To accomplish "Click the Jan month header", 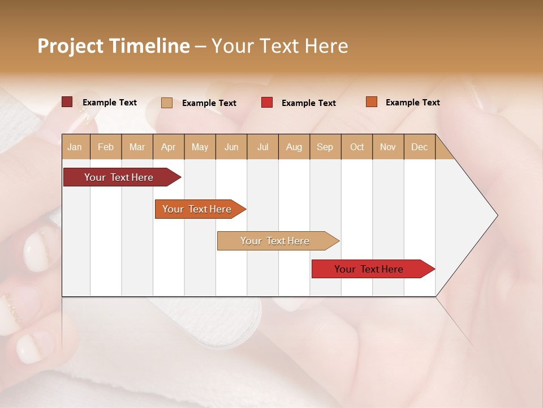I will pyautogui.click(x=75, y=147).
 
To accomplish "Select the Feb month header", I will pyautogui.click(x=106, y=147).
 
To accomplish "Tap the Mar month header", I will pyautogui.click(x=137, y=147).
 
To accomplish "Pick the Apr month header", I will pyautogui.click(x=169, y=147).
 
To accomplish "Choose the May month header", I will pyautogui.click(x=200, y=147).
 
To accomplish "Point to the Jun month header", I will pyautogui.click(x=231, y=147).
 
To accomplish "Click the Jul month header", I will pyautogui.click(x=262, y=147).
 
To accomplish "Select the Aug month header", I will pyautogui.click(x=294, y=147).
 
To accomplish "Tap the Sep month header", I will pyautogui.click(x=325, y=147).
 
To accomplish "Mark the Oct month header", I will pyautogui.click(x=357, y=147).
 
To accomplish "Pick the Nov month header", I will pyautogui.click(x=388, y=147).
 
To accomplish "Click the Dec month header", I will pyautogui.click(x=420, y=147).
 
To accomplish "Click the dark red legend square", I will pyautogui.click(x=67, y=102).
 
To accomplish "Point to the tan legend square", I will pyautogui.click(x=167, y=103).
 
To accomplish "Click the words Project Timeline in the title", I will pyautogui.click(x=114, y=46).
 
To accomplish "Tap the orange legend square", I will pyautogui.click(x=371, y=102).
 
